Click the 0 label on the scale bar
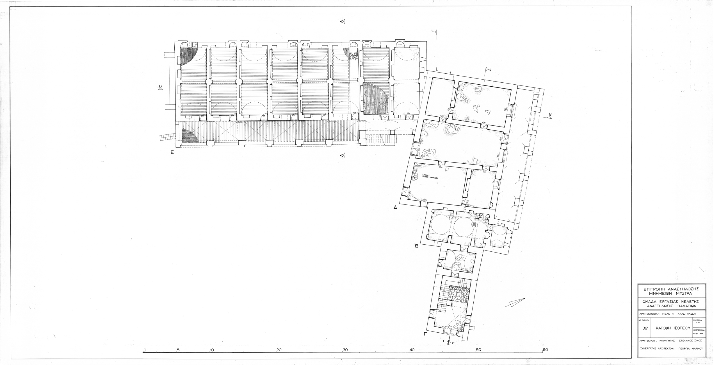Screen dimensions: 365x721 click(x=145, y=350)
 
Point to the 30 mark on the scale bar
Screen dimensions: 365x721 click(x=345, y=350)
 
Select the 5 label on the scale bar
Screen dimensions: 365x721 click(x=178, y=350)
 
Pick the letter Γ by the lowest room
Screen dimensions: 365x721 click(x=426, y=334)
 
